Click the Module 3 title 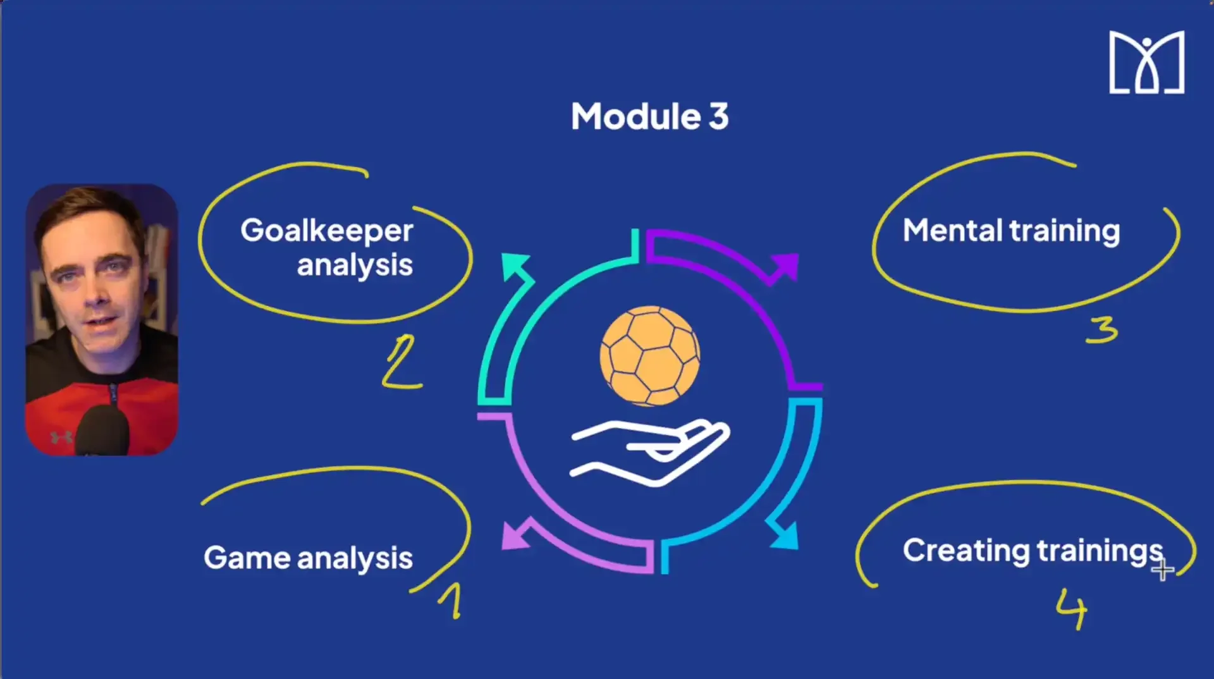[x=649, y=117]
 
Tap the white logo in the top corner [x=1146, y=63]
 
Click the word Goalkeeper [x=326, y=231]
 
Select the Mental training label [x=1011, y=231]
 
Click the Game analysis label [x=308, y=558]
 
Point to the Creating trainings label [x=1033, y=551]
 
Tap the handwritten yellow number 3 [x=1102, y=330]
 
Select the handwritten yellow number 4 [x=1071, y=608]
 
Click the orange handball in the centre [x=650, y=355]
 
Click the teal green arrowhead [x=514, y=266]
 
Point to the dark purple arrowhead [x=785, y=266]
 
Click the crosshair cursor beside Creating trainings [x=1162, y=571]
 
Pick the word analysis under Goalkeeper [x=355, y=266]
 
